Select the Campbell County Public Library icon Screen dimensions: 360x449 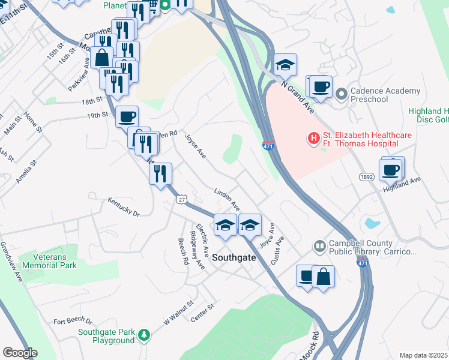coord(319,246)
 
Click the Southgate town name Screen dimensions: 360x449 coord(234,257)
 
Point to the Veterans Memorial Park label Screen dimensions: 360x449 coord(47,260)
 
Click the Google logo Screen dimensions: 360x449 coord(20,353)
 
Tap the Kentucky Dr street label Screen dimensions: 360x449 coord(123,207)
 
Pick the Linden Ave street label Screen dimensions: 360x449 coord(228,198)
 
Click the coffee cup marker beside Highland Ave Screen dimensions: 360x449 coord(391,170)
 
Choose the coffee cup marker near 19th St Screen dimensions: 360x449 coord(127,116)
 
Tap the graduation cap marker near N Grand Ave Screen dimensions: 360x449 coord(286,65)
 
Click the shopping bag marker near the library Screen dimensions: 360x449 coord(323,277)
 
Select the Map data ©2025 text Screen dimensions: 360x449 coord(423,355)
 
